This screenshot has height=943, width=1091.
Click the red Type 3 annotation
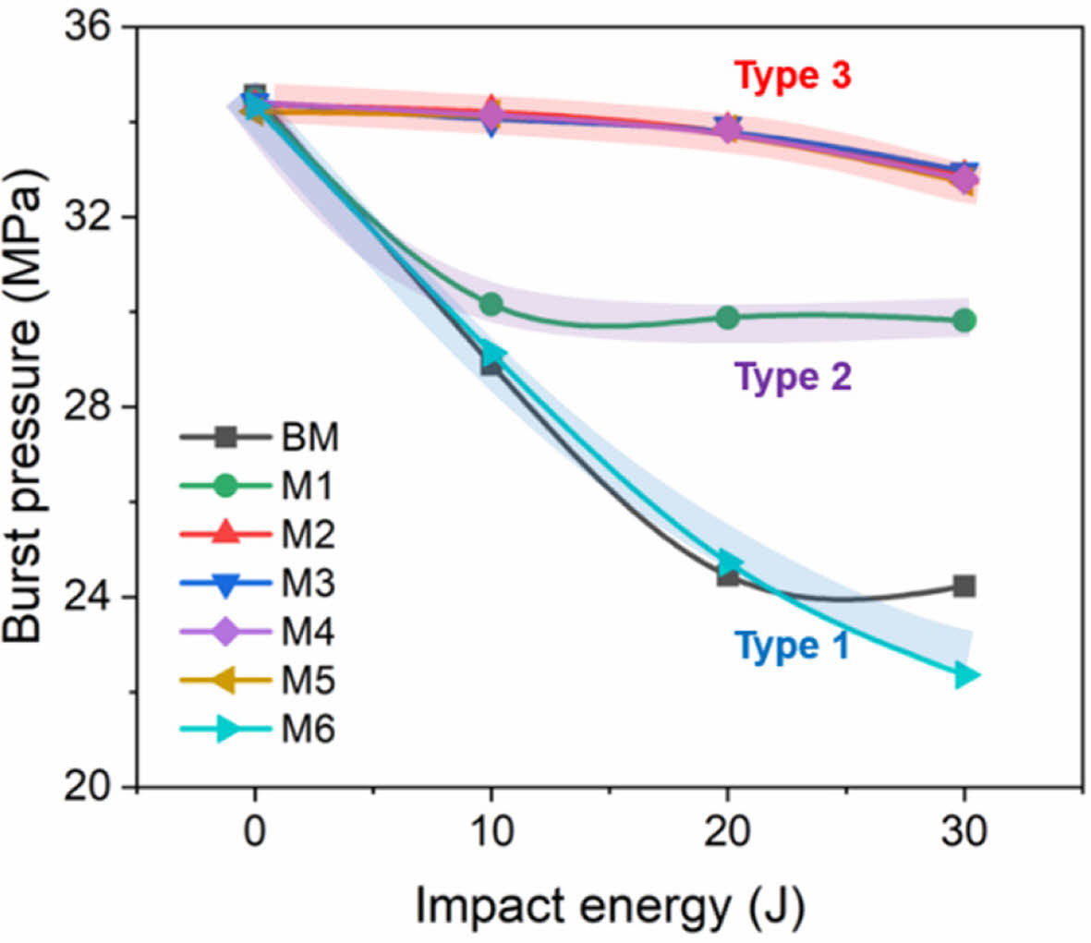tap(792, 76)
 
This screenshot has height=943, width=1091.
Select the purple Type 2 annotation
tap(792, 378)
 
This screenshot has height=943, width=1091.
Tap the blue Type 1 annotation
tap(792, 646)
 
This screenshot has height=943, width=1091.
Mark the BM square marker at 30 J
tap(964, 586)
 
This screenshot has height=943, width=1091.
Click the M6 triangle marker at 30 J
tap(965, 676)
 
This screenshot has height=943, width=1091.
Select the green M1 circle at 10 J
tap(491, 304)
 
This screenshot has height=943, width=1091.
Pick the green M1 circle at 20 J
tap(728, 318)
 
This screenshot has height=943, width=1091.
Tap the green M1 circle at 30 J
tap(964, 320)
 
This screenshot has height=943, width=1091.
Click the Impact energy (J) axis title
tap(610, 905)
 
